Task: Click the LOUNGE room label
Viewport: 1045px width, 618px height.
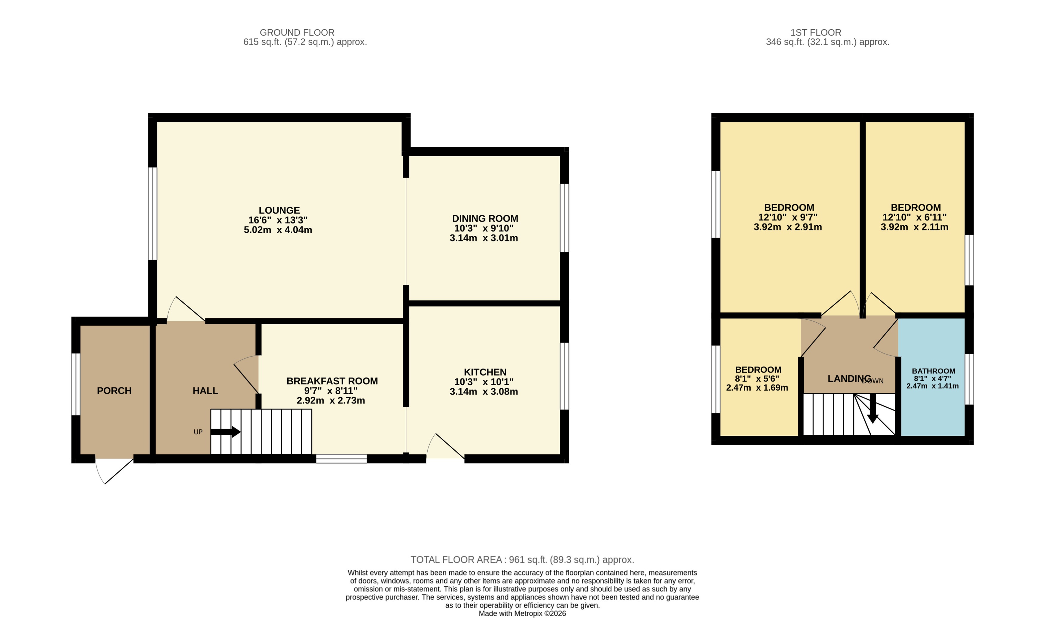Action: click(x=279, y=211)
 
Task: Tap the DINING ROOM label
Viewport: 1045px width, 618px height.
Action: click(x=485, y=219)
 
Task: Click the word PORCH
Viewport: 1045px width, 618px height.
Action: click(x=114, y=391)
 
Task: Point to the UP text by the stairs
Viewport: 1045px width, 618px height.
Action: click(x=198, y=432)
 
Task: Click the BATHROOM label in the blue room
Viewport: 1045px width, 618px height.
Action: click(x=933, y=371)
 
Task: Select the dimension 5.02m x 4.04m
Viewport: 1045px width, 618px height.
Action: click(x=278, y=230)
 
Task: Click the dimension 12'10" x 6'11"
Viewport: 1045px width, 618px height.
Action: click(x=914, y=217)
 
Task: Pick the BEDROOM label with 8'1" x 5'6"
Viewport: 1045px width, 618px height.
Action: click(x=758, y=370)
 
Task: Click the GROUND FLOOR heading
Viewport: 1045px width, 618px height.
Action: click(x=297, y=33)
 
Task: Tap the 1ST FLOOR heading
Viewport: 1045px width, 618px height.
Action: click(x=815, y=33)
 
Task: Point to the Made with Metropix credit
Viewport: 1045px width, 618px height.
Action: click(x=522, y=614)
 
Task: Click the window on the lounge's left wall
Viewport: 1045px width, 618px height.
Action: click(x=153, y=214)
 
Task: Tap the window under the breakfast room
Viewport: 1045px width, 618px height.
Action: click(x=341, y=459)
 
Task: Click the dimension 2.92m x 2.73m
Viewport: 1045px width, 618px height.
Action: click(x=331, y=401)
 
